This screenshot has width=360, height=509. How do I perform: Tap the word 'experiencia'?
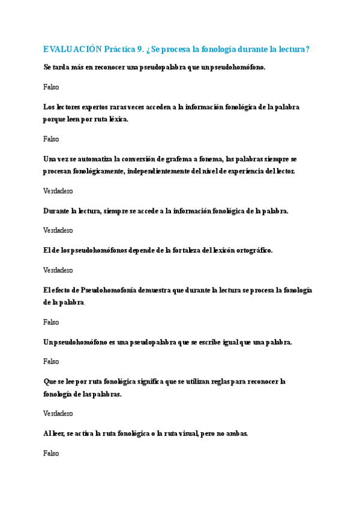coord(240,171)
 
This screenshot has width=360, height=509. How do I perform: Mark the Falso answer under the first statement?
coord(51,87)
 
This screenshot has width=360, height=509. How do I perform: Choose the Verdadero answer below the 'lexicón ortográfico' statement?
coord(58,270)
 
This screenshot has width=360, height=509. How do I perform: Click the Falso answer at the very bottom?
coord(51,453)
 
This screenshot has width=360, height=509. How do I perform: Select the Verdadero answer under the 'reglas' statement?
coord(58,414)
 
